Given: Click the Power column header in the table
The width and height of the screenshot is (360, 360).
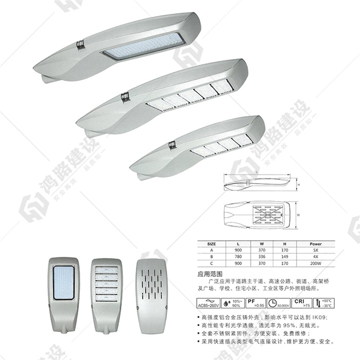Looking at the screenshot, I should click(x=315, y=244).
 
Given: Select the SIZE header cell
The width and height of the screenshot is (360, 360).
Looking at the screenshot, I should click(x=211, y=244).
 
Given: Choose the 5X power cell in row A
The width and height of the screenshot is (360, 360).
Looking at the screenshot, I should click(x=315, y=250).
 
